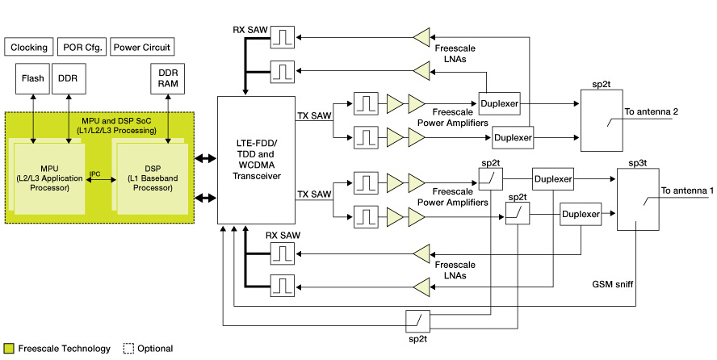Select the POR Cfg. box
(x=82, y=46)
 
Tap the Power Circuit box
(x=141, y=46)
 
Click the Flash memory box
(x=33, y=78)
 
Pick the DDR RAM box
(x=168, y=78)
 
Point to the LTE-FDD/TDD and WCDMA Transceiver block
(x=257, y=160)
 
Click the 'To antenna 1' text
(x=687, y=190)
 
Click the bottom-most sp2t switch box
(x=417, y=320)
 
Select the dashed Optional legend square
(x=128, y=349)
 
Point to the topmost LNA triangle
(x=421, y=36)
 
